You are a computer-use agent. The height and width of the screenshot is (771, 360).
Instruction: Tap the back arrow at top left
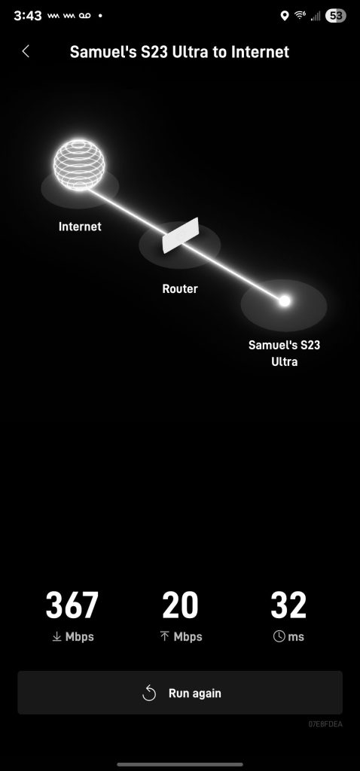coord(26,51)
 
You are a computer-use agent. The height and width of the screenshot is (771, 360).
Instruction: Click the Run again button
coord(180,693)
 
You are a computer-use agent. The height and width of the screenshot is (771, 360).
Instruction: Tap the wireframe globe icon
coord(79,165)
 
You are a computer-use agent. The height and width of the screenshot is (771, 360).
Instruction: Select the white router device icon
coord(181,236)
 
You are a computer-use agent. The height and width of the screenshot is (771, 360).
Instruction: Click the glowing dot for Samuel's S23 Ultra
coord(284,301)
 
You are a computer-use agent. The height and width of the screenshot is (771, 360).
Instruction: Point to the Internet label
coord(80,227)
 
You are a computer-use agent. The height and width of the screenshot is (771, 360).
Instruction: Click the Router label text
coord(180,288)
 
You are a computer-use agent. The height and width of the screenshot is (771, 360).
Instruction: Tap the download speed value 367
coord(72,605)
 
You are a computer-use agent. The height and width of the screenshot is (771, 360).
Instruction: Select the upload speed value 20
coord(180,605)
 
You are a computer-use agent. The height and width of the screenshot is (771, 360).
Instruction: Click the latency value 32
coord(288,605)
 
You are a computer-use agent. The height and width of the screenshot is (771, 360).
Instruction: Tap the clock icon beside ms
coord(279,636)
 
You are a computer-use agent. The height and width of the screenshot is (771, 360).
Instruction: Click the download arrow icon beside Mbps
coord(57,637)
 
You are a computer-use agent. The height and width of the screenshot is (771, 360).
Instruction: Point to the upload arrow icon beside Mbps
coord(165,637)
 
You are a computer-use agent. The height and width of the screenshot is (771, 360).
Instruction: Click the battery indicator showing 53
coord(335,16)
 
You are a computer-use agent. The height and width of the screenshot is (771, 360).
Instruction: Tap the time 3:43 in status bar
coord(28,16)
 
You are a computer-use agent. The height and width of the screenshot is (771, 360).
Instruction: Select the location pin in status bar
coord(284,16)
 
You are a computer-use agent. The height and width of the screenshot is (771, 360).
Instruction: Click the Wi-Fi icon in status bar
coord(300,15)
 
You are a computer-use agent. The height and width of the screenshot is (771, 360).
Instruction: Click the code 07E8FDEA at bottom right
coord(325,724)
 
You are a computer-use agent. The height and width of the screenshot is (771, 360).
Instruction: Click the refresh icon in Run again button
coord(148,693)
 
